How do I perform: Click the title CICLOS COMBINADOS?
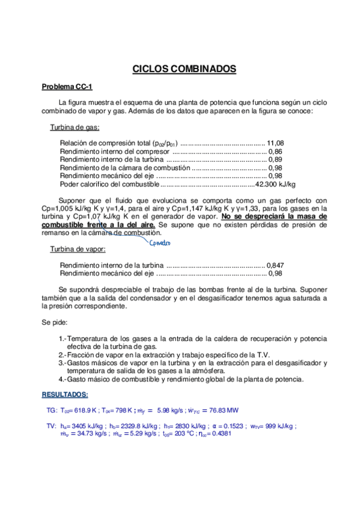click(184, 69)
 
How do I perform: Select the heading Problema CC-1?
click(67, 87)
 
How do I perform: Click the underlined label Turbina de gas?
click(75, 127)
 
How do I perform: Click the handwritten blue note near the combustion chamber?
click(159, 243)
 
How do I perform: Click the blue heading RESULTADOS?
click(64, 395)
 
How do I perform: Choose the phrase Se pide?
click(55, 322)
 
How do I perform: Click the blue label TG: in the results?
click(51, 410)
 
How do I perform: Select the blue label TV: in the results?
click(51, 426)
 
